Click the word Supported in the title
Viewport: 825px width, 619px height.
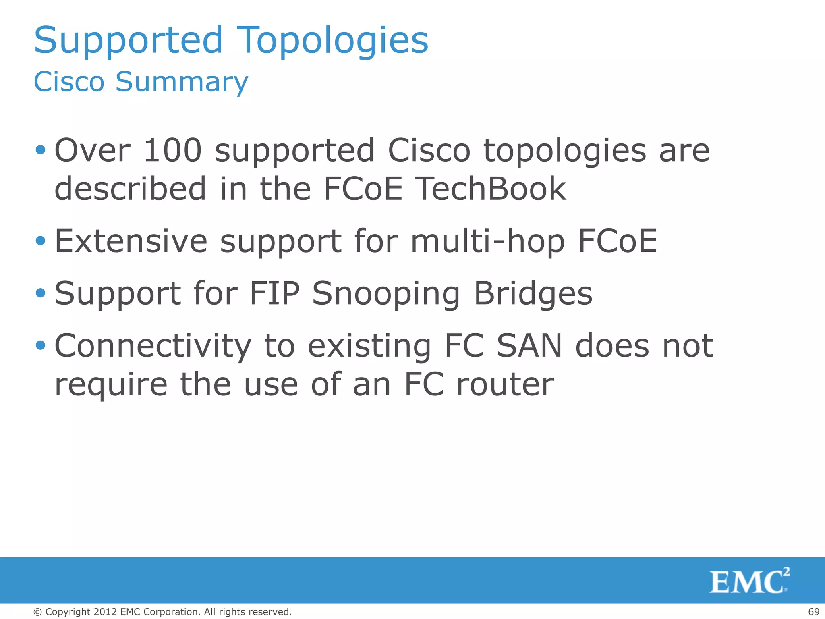tap(129, 40)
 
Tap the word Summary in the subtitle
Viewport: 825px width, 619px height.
tap(182, 82)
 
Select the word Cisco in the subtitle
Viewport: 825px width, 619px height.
tap(69, 82)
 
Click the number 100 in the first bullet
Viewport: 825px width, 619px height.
tap(172, 150)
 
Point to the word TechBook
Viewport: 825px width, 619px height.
tap(490, 189)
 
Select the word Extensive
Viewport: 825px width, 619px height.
tap(131, 241)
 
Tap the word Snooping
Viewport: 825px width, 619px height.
tap(386, 294)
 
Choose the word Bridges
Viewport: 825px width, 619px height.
tap(533, 294)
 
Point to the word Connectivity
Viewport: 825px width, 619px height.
tap(153, 346)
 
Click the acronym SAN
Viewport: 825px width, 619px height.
tap(529, 346)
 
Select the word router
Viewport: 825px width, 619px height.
tap(505, 384)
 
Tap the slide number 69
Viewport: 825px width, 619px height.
tap(814, 612)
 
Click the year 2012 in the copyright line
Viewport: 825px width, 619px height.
tap(105, 612)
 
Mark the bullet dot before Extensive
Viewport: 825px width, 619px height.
tap(40, 241)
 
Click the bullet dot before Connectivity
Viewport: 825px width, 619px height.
tap(40, 345)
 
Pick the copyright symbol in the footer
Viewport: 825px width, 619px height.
tap(37, 612)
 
